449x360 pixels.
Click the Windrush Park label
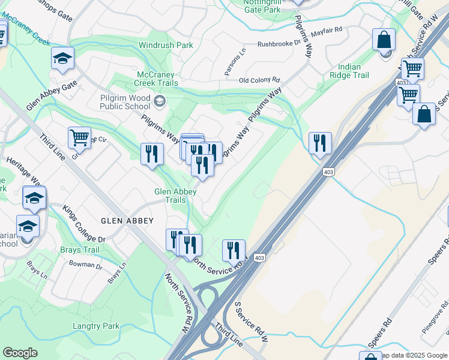coord(166,45)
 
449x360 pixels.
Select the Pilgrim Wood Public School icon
coord(159,100)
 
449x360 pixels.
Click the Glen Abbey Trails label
coord(175,196)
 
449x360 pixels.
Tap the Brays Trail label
coord(79,250)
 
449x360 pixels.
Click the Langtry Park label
coord(97,326)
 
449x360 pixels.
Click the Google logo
coord(20,352)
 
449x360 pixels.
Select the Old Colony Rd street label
coord(259,79)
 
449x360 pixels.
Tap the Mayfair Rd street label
coord(330,29)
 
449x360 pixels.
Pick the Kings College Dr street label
coord(84,224)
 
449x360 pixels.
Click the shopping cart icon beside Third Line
coord(79,137)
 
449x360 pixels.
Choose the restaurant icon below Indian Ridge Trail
coord(320,143)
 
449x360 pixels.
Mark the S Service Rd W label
coord(252,322)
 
